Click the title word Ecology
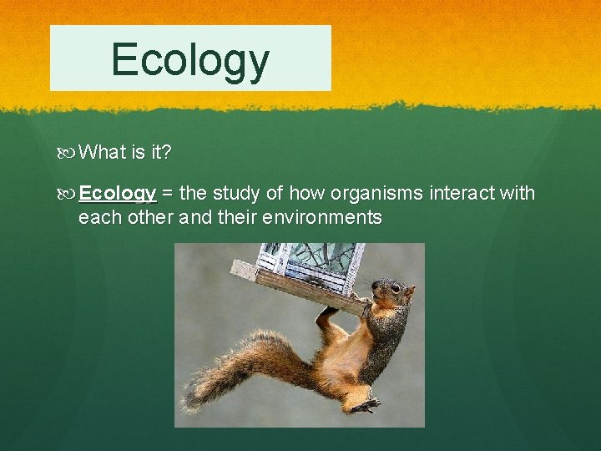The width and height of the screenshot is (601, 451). coord(190,59)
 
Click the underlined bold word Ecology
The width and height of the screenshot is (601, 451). coord(117,195)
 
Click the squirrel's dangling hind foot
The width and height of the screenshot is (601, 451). coord(364,405)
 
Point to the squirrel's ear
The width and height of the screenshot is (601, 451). coord(408,291)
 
